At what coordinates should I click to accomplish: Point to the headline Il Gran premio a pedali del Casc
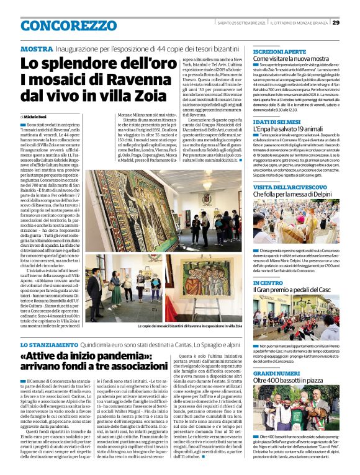point(294,290)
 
